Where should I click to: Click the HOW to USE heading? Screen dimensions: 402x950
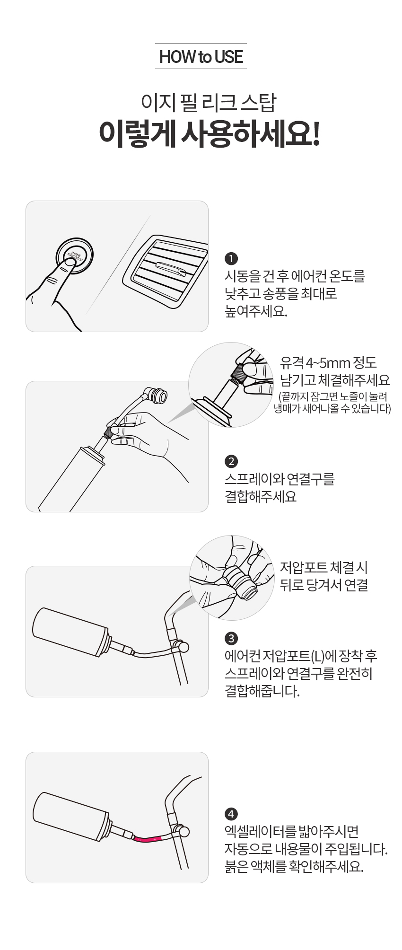pyautogui.click(x=201, y=57)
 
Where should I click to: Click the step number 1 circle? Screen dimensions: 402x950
pyautogui.click(x=231, y=259)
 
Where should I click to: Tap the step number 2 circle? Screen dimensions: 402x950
pyautogui.click(x=231, y=461)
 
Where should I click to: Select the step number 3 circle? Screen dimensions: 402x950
pyautogui.click(x=231, y=638)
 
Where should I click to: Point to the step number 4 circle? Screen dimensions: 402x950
pyautogui.click(x=231, y=814)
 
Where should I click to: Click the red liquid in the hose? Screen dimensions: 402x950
pyautogui.click(x=148, y=839)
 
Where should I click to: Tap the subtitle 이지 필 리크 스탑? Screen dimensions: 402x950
pyautogui.click(x=208, y=103)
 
